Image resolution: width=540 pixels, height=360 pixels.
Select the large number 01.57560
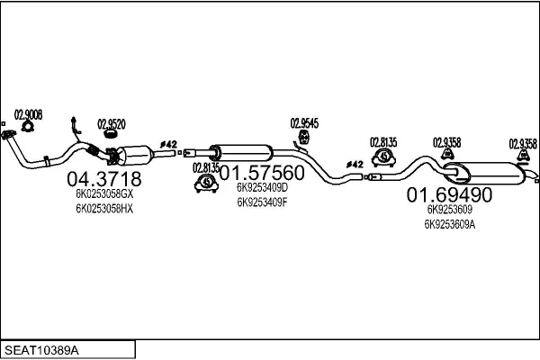(262, 172)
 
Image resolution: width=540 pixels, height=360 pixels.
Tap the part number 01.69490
(449, 193)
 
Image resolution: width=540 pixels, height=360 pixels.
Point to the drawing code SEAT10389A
(43, 349)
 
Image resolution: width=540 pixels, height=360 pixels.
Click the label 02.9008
(27, 114)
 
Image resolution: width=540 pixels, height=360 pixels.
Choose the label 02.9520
(111, 124)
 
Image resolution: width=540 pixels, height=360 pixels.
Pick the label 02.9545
(303, 123)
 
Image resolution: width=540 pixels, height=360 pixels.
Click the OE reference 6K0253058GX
(104, 193)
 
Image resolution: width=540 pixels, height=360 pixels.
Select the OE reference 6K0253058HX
(104, 209)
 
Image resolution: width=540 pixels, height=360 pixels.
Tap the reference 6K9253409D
(262, 188)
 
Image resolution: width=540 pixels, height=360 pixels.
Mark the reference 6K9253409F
(262, 202)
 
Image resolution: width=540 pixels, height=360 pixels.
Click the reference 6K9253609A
(449, 224)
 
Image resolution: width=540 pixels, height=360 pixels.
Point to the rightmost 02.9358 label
(523, 142)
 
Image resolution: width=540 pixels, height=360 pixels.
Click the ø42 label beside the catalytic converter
(169, 144)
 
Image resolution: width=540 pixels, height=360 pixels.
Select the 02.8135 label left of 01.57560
(205, 166)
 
